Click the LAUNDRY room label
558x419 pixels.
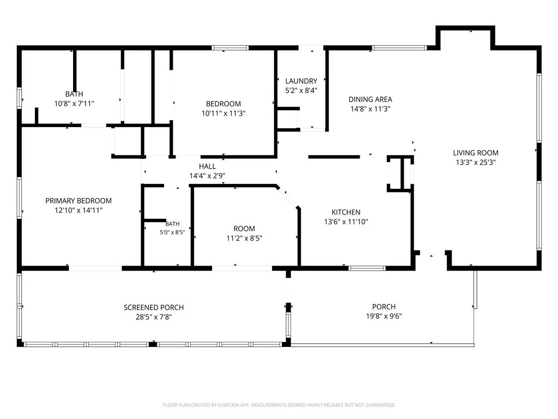pyautogui.click(x=301, y=81)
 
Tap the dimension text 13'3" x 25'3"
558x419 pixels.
pyautogui.click(x=475, y=163)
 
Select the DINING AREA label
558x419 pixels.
pyautogui.click(x=370, y=99)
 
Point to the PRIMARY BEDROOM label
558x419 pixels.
pyautogui.click(x=78, y=201)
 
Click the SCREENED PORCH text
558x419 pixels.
pyautogui.click(x=154, y=308)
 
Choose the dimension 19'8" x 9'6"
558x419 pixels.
pyautogui.click(x=384, y=316)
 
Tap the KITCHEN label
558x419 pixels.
pyautogui.click(x=346, y=212)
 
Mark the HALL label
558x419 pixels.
pyautogui.click(x=207, y=166)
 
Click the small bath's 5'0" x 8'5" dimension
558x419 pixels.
pyautogui.click(x=172, y=232)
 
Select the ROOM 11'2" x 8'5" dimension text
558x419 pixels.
pyautogui.click(x=244, y=238)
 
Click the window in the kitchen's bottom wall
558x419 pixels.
pyautogui.click(x=367, y=268)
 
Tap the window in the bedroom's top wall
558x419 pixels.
pyautogui.click(x=231, y=48)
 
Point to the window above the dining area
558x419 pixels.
pyautogui.click(x=399, y=48)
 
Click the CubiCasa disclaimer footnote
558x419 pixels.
pyautogui.click(x=279, y=405)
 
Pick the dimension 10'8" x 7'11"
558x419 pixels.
pyautogui.click(x=74, y=104)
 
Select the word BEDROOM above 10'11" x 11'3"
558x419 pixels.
pyautogui.click(x=223, y=104)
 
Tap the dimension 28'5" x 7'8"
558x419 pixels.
pyautogui.click(x=154, y=317)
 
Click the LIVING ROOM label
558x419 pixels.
pyautogui.click(x=475, y=153)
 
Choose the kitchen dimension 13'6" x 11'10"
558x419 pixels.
pyautogui.click(x=346, y=222)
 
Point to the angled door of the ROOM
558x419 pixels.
pyautogui.click(x=288, y=196)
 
